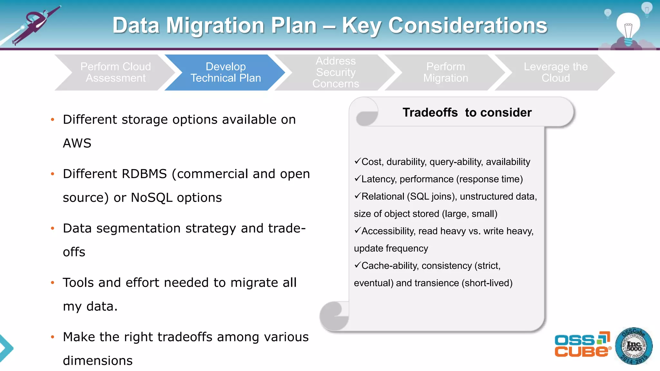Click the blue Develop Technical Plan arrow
226,72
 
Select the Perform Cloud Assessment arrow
115,72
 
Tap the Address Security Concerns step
335,72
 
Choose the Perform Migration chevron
445,72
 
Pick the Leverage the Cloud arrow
556,72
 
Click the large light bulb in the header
628,27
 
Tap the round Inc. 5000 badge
634,346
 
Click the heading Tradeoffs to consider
467,112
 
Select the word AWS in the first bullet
77,143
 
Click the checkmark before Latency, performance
357,178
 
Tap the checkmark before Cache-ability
357,265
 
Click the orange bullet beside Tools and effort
53,283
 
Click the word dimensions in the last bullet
98,361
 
